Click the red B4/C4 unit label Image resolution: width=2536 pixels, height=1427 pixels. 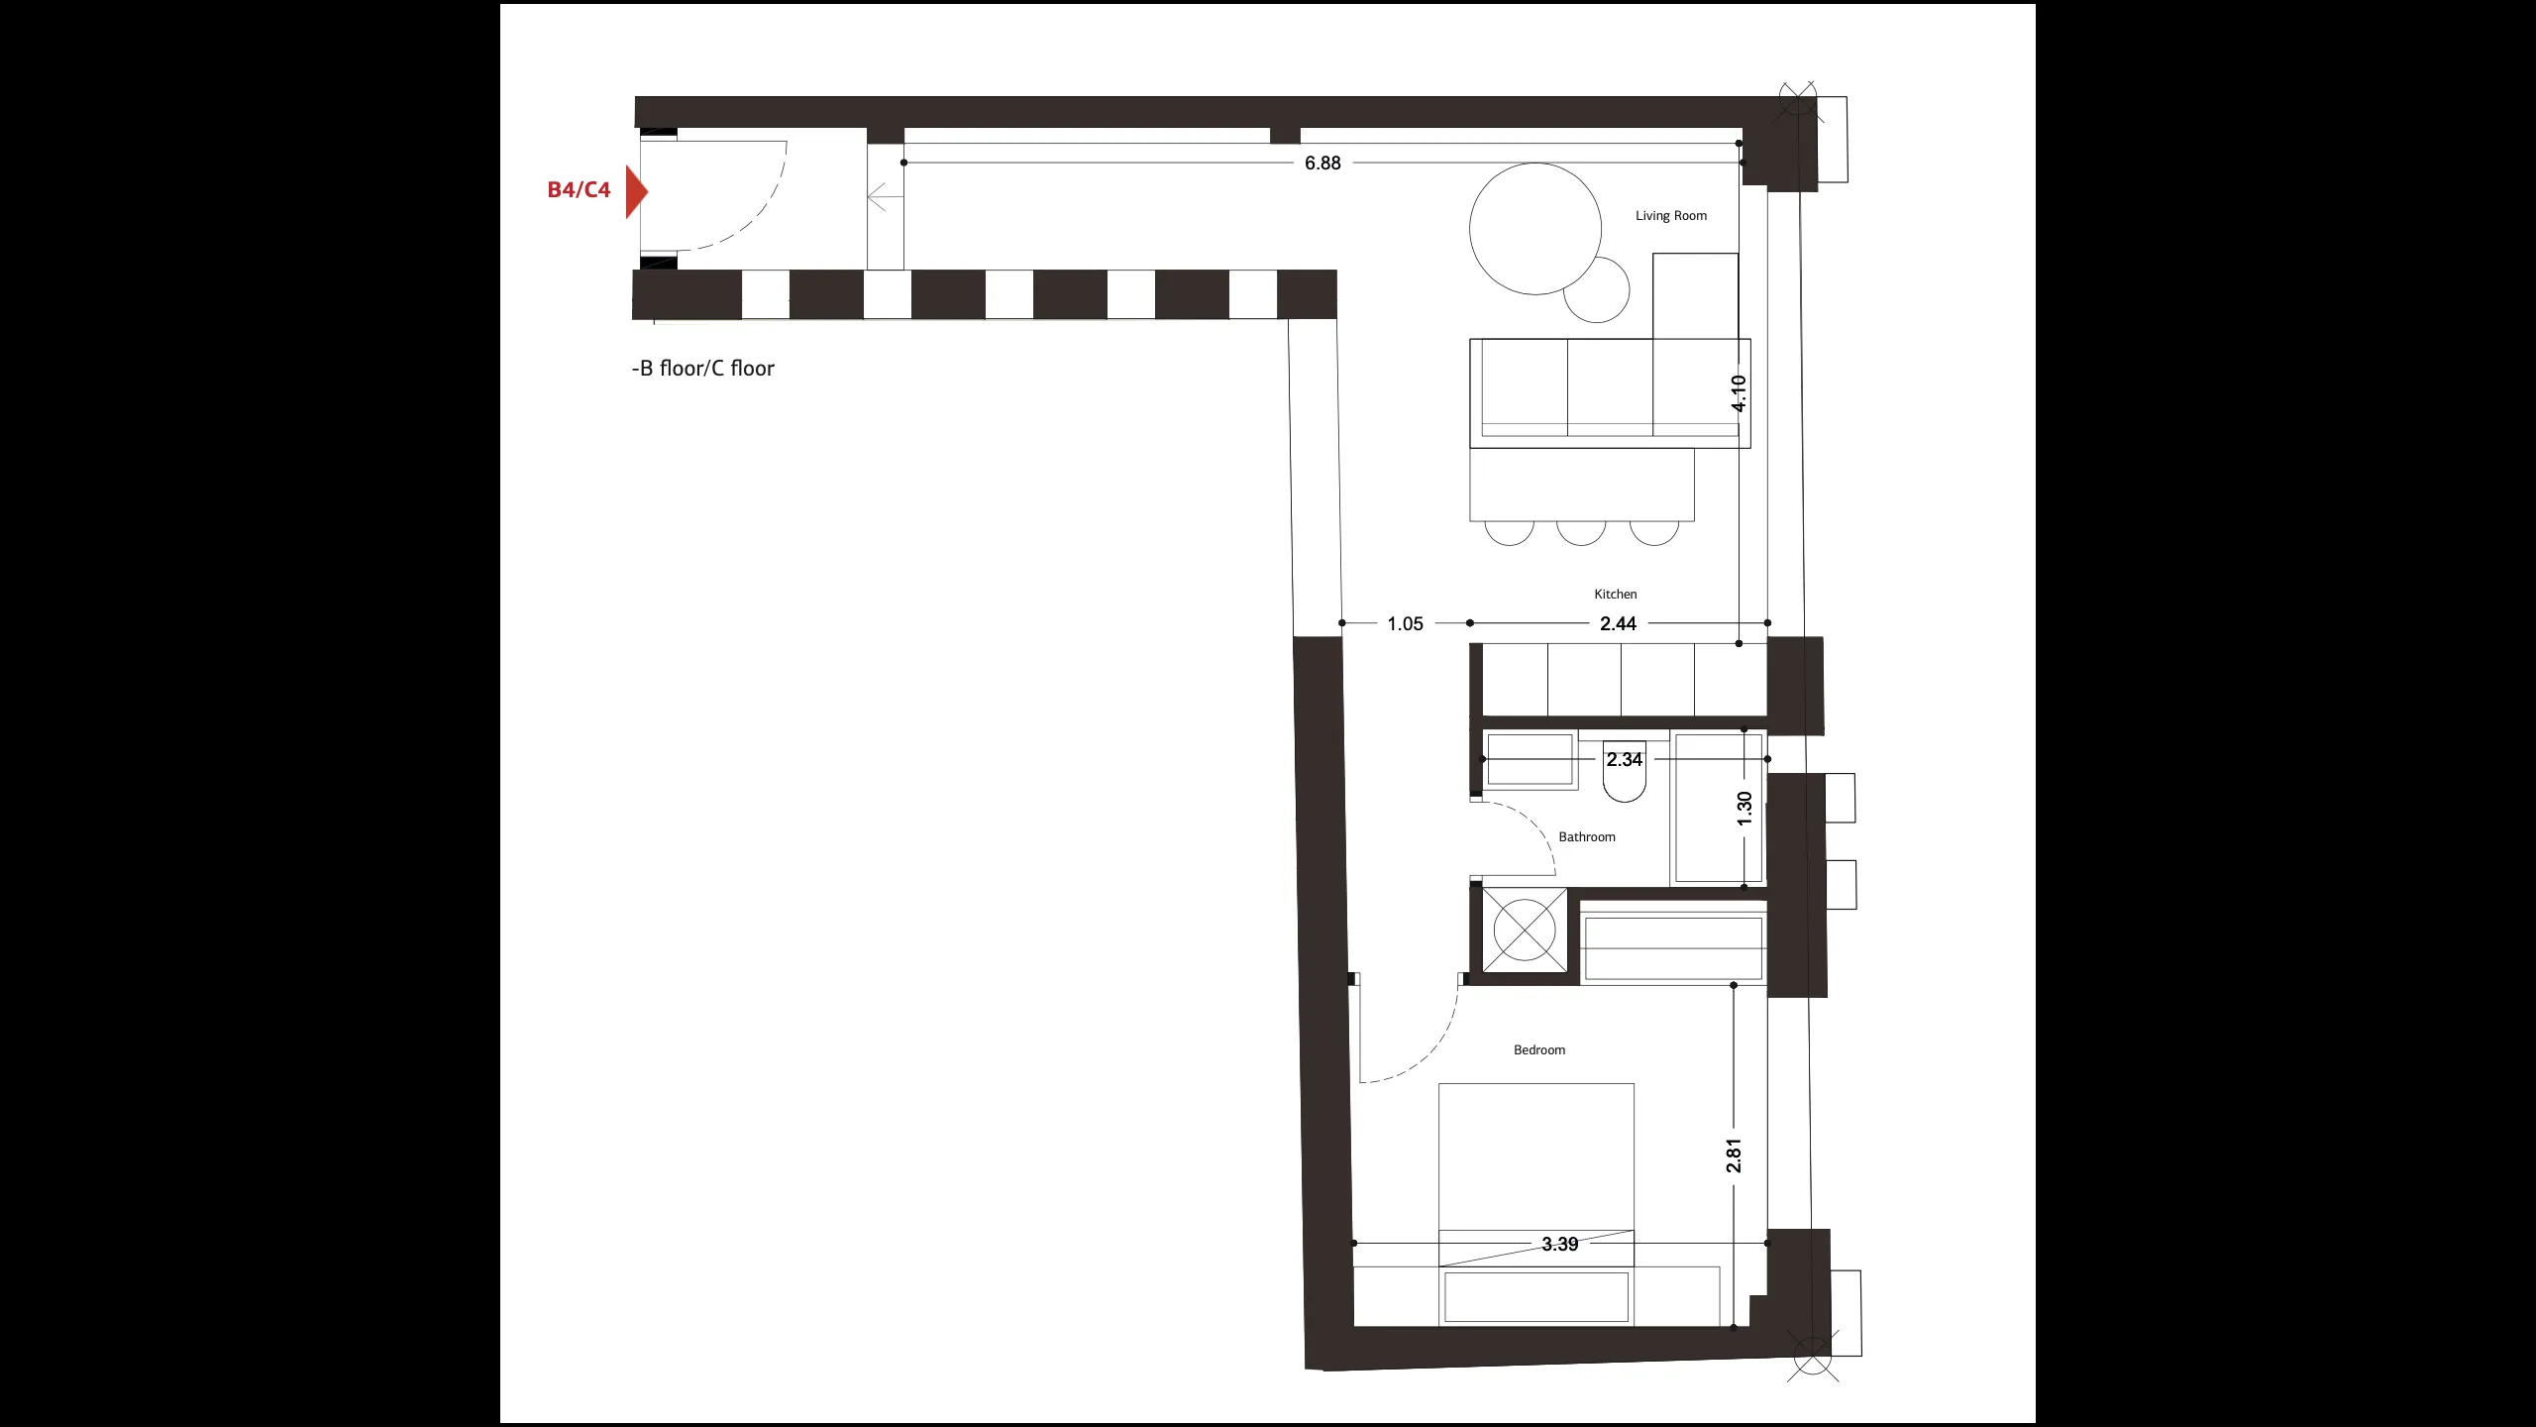[x=579, y=190]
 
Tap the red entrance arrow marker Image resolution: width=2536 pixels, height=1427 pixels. [x=636, y=191]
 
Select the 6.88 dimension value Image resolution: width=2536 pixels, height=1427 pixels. [x=1322, y=164]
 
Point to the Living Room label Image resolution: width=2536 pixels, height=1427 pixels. [x=1671, y=216]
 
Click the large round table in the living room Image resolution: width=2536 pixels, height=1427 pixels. [x=1535, y=229]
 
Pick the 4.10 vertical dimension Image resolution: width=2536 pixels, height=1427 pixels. [x=1740, y=393]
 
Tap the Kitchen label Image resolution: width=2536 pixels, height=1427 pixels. [x=1616, y=595]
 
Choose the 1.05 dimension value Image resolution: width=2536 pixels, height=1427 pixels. [x=1405, y=624]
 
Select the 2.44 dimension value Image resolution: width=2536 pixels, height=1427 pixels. [x=1619, y=624]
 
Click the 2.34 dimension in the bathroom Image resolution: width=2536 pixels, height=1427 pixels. [x=1625, y=760]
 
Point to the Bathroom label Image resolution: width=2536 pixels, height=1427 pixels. [x=1587, y=837]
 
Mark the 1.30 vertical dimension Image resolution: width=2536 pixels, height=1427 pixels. [x=1745, y=809]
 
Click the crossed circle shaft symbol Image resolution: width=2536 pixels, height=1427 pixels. [x=1525, y=930]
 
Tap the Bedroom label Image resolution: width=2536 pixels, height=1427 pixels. [x=1539, y=1050]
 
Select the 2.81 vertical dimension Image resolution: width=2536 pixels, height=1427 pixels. [x=1734, y=1155]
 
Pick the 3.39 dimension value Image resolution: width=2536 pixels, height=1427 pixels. [x=1560, y=1245]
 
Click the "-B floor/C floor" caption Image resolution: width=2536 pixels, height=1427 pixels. [x=703, y=369]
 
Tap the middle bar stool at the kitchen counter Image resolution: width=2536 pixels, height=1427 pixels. [x=1581, y=532]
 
